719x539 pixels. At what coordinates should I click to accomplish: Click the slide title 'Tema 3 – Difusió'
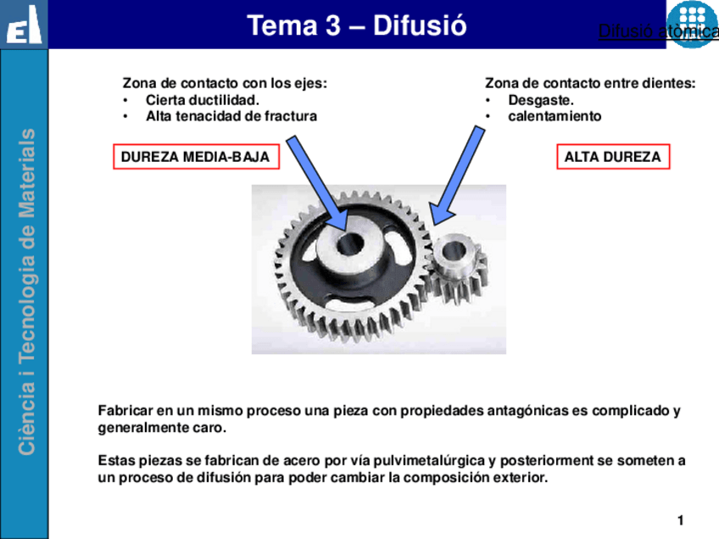click(x=356, y=25)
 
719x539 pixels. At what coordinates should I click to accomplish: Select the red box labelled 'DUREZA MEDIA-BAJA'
click(x=196, y=158)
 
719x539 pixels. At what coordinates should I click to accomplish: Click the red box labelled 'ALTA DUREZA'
click(x=612, y=158)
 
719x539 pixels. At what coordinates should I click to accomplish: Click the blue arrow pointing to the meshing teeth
click(x=455, y=173)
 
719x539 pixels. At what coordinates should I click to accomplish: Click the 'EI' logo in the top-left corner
click(x=24, y=25)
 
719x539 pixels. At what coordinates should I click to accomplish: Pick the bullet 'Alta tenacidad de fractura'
click(x=231, y=116)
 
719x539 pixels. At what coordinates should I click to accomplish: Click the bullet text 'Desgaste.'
click(x=541, y=100)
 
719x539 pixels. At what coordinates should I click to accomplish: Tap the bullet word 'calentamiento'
click(x=555, y=116)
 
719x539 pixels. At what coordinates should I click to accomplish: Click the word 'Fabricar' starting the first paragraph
click(x=125, y=411)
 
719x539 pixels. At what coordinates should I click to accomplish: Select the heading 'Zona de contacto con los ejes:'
click(x=225, y=83)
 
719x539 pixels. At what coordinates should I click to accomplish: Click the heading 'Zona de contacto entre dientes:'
click(x=590, y=83)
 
